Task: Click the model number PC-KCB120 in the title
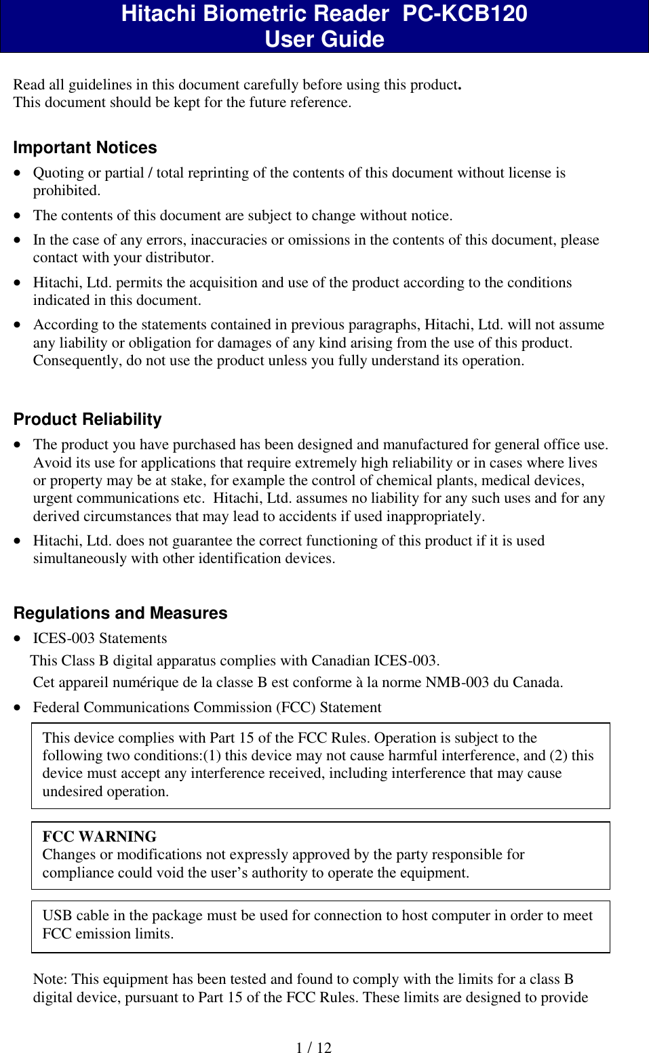tap(465, 14)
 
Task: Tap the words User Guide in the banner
tap(324, 39)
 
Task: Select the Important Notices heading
tap(85, 148)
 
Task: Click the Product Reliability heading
tap(87, 419)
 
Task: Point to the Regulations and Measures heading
tap(120, 613)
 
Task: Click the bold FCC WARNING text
tap(99, 836)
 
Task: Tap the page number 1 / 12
tap(313, 1048)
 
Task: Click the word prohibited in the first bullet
tap(66, 190)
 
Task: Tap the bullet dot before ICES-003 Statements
tap(18, 638)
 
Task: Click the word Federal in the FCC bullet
tap(56, 707)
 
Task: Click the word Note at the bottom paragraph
tap(49, 979)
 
